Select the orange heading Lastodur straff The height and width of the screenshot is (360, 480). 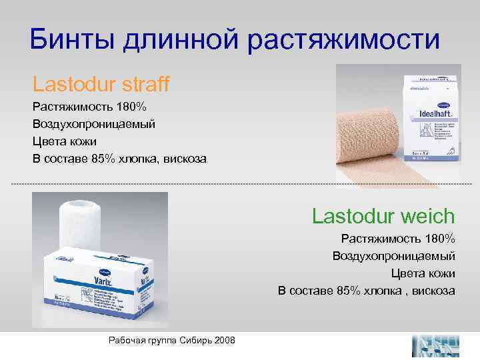(101, 84)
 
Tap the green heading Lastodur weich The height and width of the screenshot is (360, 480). (383, 216)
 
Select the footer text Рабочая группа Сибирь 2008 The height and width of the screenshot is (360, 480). (171, 340)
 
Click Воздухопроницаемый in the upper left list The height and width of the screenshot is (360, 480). (94, 124)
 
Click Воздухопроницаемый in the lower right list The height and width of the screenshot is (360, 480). (394, 256)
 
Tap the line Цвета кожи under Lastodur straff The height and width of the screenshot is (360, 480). (64, 141)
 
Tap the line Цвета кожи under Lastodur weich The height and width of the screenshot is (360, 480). (423, 273)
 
